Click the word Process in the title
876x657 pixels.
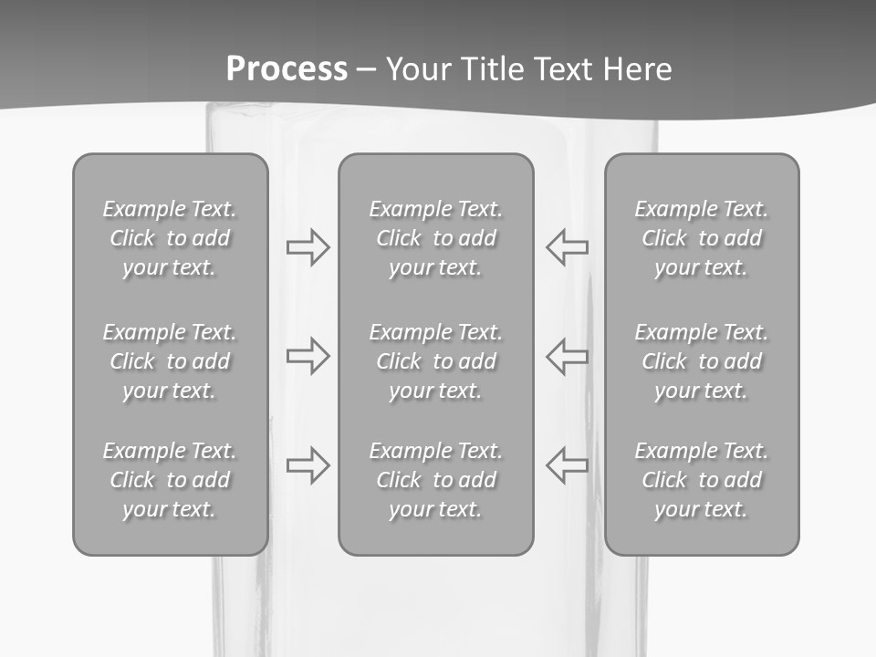point(287,68)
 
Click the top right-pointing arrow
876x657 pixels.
point(308,247)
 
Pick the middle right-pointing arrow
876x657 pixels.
point(308,356)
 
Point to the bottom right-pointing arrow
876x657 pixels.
point(308,464)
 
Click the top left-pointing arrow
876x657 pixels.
point(567,247)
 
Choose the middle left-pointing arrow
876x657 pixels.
point(567,356)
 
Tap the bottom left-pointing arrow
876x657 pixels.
point(567,464)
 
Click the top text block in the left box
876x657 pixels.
point(170,238)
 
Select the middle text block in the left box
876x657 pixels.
point(170,361)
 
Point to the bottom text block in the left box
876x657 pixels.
point(170,480)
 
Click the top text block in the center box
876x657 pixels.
point(436,238)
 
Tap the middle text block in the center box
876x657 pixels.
point(436,361)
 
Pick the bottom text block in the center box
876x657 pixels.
point(436,480)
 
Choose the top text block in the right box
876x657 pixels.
point(702,238)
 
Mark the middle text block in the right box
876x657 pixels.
point(702,361)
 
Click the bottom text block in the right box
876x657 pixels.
point(702,480)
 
